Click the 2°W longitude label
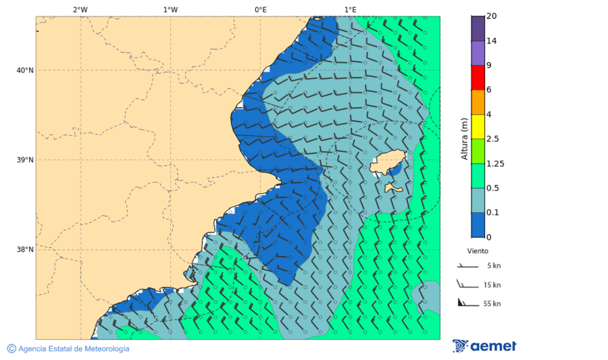click(x=80, y=9)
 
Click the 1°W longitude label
click(x=170, y=9)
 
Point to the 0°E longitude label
click(x=260, y=9)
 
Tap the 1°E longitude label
click(x=350, y=9)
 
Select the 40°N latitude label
click(x=24, y=70)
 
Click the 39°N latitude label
click(x=24, y=160)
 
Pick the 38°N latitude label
click(x=24, y=250)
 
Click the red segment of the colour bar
click(x=478, y=78)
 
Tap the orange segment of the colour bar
click(x=478, y=102)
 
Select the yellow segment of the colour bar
click(x=478, y=126)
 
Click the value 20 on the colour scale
click(x=492, y=16)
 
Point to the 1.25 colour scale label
click(x=496, y=163)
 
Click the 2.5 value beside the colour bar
click(x=492, y=138)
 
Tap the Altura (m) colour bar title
click(x=464, y=138)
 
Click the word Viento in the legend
click(x=478, y=251)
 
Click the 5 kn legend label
click(x=493, y=265)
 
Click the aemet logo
click(x=484, y=346)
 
